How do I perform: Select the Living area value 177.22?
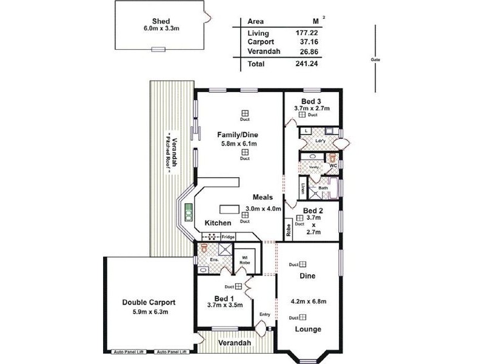(306, 33)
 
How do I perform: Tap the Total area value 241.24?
(306, 63)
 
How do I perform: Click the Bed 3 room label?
(312, 101)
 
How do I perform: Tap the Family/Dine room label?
(238, 134)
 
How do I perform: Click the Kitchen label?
(218, 223)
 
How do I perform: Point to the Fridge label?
(228, 237)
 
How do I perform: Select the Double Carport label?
(149, 302)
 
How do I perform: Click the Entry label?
(264, 314)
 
